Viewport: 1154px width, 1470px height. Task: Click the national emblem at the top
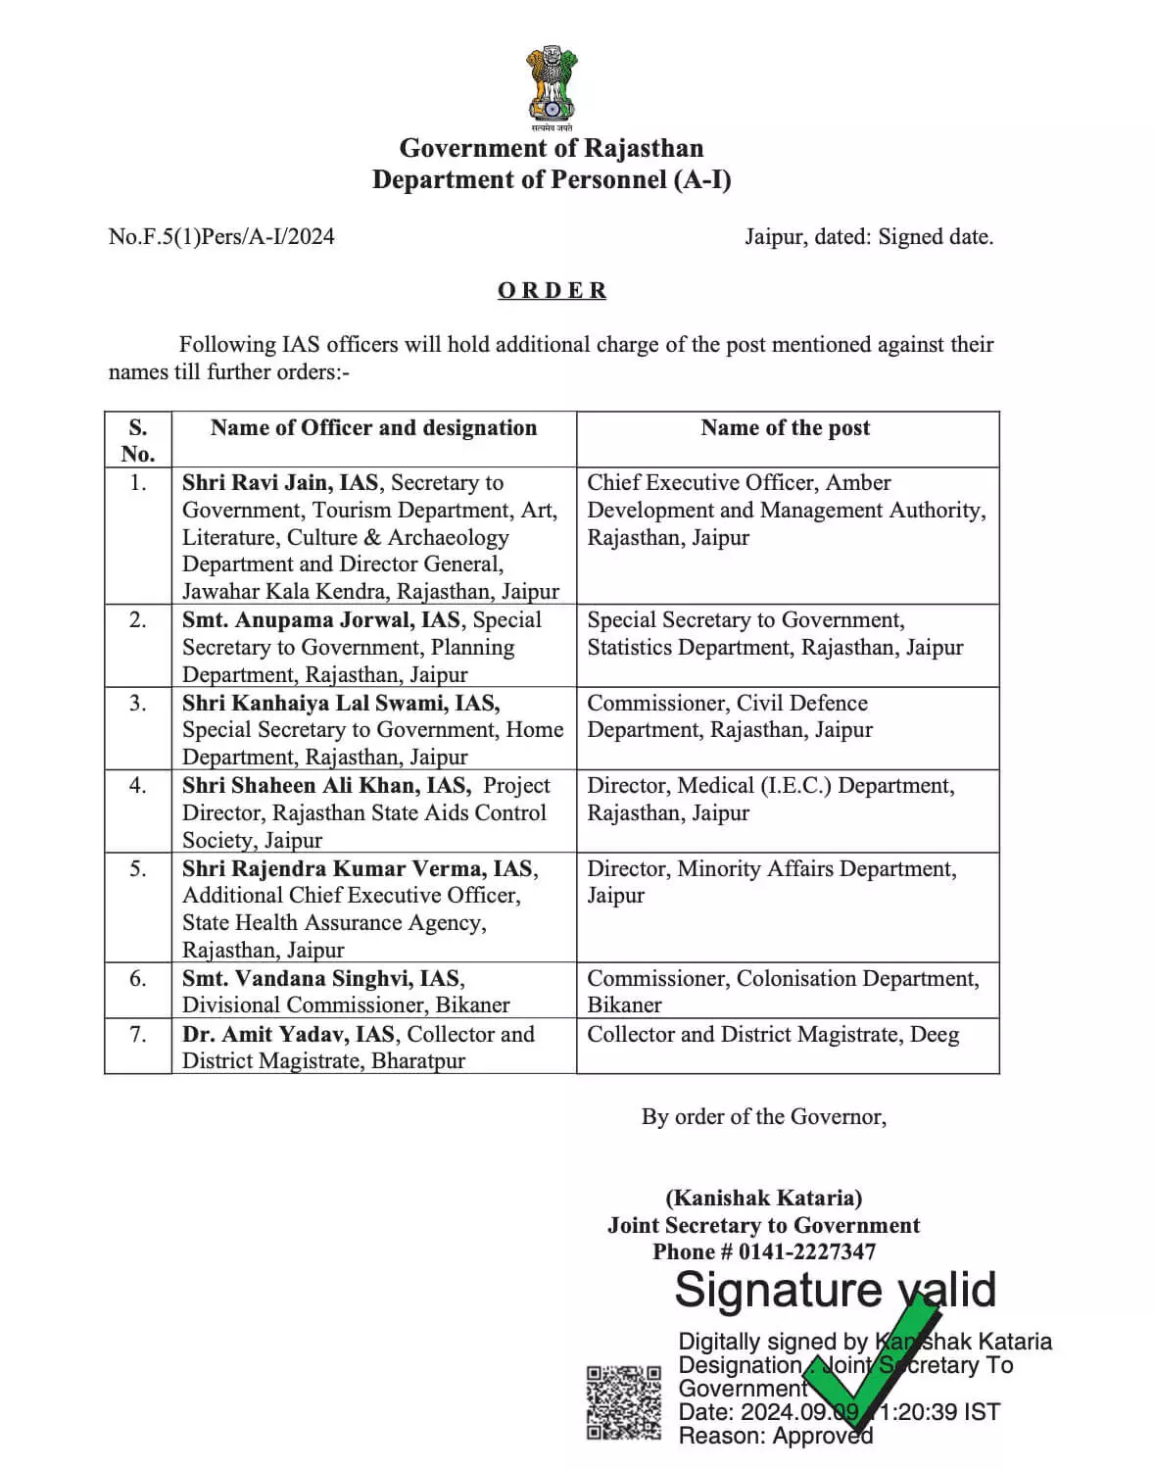pyautogui.click(x=551, y=86)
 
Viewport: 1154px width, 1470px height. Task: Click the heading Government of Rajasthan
pyautogui.click(x=551, y=148)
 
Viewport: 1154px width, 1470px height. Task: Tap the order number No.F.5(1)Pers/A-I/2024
pyautogui.click(x=221, y=236)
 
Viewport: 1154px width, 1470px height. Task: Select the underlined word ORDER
pyautogui.click(x=552, y=290)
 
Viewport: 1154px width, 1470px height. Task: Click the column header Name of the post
pyautogui.click(x=785, y=427)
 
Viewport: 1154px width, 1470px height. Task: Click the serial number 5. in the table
pyautogui.click(x=138, y=868)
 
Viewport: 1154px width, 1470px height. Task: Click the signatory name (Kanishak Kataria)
pyautogui.click(x=763, y=1198)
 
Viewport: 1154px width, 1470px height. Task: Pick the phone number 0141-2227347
pyautogui.click(x=807, y=1251)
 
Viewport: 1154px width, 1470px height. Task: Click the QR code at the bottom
pyautogui.click(x=623, y=1402)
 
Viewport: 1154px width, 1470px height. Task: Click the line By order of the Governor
pyautogui.click(x=763, y=1116)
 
